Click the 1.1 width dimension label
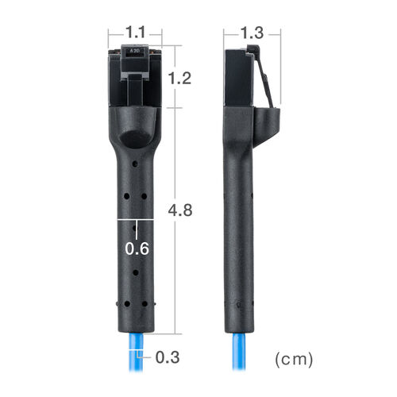(135, 33)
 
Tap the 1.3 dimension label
(252, 33)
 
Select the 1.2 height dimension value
(179, 79)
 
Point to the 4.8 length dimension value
(180, 210)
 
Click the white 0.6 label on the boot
(137, 249)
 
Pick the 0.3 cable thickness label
(168, 357)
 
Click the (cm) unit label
(294, 359)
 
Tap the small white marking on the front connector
(135, 51)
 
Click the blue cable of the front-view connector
(136, 352)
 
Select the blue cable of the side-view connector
(239, 352)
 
